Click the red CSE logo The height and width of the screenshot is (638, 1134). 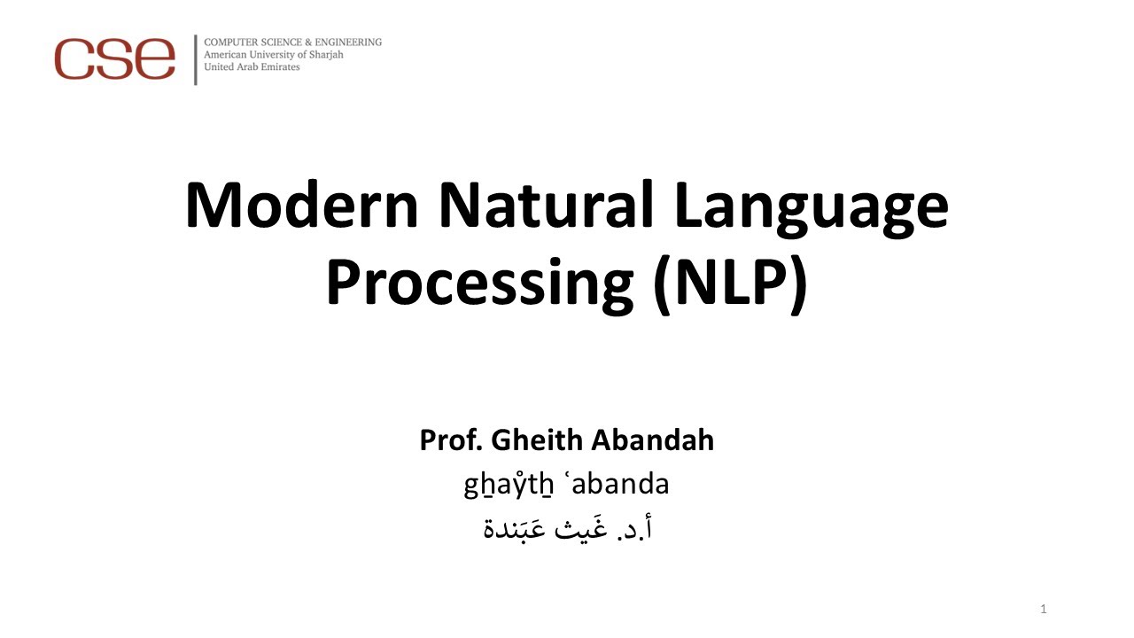(114, 58)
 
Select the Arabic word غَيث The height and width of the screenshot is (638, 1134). (582, 529)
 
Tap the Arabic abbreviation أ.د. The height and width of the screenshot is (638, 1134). (638, 529)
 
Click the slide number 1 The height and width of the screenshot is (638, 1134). (1045, 609)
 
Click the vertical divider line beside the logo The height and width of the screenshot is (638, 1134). (195, 59)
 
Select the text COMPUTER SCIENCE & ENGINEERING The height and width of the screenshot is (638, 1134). (292, 42)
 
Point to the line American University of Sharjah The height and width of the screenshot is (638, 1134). (273, 54)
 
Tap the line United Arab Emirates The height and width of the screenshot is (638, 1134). (252, 67)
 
